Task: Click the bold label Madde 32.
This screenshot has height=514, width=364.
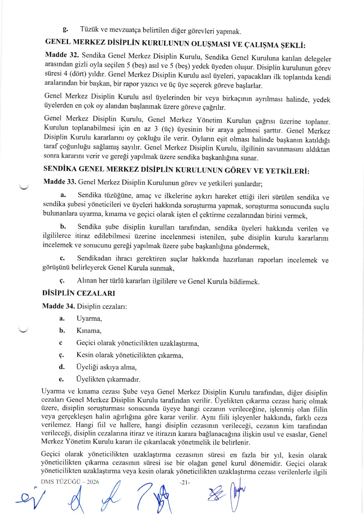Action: point(62,55)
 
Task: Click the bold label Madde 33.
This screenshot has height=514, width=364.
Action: point(60,182)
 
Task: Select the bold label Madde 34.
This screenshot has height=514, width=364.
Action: point(58,306)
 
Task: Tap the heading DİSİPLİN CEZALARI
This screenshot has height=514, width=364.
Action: point(78,293)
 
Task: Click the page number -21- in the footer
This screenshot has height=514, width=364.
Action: point(185,483)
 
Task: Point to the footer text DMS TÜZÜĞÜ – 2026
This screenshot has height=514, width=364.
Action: point(70,482)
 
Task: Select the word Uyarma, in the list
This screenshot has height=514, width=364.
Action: point(89,319)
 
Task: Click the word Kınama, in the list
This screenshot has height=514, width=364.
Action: point(89,331)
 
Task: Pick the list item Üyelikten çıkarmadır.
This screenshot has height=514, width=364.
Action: point(108,379)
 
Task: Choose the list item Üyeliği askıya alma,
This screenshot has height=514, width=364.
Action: point(106,367)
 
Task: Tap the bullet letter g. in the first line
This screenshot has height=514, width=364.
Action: point(65,29)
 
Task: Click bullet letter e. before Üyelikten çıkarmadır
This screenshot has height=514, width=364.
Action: point(61,379)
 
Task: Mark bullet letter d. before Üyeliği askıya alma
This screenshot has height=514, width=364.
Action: point(62,367)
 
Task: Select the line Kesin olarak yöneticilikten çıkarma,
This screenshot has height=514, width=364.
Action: point(129,355)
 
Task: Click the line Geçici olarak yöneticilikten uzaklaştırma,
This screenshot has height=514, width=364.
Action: point(137,343)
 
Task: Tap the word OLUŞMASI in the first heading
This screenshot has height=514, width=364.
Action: point(211,43)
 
